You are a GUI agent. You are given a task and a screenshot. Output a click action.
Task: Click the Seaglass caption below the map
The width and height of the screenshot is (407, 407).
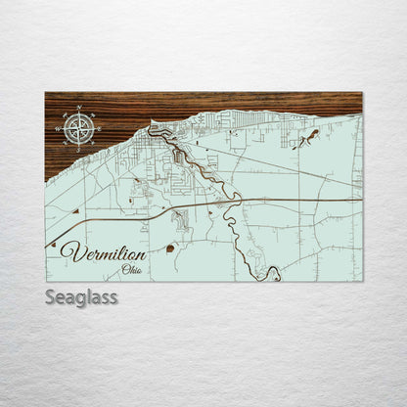(80, 297)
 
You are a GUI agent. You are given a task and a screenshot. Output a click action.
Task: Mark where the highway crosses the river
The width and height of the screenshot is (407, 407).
(236, 202)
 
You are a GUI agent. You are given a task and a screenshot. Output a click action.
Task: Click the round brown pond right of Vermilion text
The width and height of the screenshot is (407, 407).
(170, 249)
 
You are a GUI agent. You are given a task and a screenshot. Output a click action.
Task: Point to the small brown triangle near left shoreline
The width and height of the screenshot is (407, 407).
(75, 209)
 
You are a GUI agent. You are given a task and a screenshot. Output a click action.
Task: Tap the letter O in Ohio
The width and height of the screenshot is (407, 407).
(123, 270)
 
